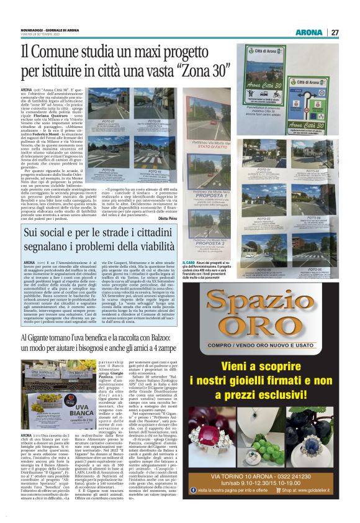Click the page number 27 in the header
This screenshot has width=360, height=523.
pyautogui.click(x=335, y=32)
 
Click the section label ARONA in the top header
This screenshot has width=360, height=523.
pyautogui.click(x=308, y=32)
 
